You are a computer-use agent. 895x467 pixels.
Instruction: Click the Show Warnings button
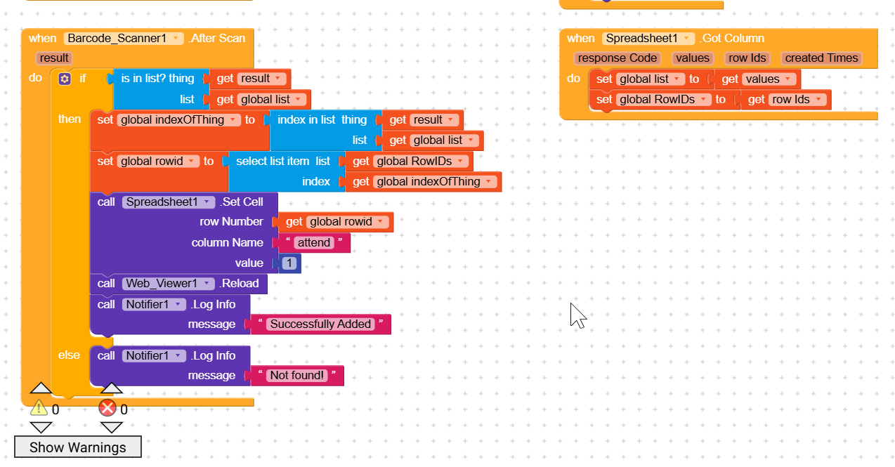(x=77, y=447)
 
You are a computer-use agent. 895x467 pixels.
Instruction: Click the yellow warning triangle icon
(x=38, y=408)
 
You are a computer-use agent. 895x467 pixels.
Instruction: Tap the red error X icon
(x=107, y=408)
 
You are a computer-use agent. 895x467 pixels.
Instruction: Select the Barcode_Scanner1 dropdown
(x=124, y=38)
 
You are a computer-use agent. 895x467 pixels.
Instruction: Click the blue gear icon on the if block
(x=65, y=79)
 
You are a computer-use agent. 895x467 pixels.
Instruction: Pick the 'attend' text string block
(x=314, y=243)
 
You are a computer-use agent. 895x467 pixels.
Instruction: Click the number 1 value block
(x=289, y=263)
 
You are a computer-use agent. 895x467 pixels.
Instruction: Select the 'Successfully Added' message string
(x=320, y=324)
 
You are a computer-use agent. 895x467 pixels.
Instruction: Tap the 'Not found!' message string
(x=297, y=376)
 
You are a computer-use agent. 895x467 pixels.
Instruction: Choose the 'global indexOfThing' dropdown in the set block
(x=179, y=120)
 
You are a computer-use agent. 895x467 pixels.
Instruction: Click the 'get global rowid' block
(x=337, y=222)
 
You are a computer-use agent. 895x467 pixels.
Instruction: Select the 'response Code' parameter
(x=617, y=58)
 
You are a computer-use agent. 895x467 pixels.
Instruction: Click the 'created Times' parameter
(x=821, y=58)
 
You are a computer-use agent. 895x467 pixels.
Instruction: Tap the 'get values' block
(x=758, y=79)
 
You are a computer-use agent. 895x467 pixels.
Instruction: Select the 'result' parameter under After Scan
(x=54, y=58)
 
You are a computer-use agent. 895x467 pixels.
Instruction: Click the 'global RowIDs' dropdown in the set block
(x=664, y=100)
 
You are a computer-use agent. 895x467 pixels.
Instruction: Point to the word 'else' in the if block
(x=69, y=355)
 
